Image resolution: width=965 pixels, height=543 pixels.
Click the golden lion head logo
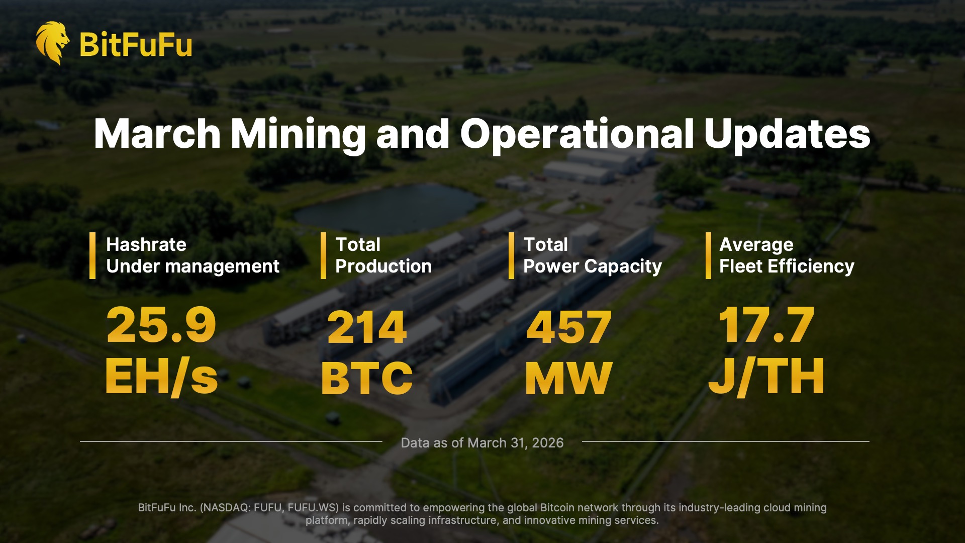[x=52, y=43]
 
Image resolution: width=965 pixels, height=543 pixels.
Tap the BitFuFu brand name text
[x=136, y=44]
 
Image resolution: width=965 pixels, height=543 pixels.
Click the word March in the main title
[x=157, y=134]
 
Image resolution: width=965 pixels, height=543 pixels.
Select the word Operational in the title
[x=576, y=135]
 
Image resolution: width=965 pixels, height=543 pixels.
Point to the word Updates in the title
[x=787, y=135]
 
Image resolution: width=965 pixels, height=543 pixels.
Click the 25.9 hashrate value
[x=161, y=326]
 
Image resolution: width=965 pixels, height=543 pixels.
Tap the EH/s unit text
[x=161, y=377]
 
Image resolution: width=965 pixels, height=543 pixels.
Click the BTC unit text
[x=367, y=378]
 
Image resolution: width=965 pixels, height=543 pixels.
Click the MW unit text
[x=568, y=378]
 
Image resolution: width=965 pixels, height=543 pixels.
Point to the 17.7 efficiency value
[x=766, y=326]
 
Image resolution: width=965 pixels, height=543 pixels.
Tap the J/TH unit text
[x=766, y=377]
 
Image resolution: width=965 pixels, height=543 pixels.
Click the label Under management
[x=192, y=266]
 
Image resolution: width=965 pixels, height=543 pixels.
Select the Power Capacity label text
[x=592, y=266]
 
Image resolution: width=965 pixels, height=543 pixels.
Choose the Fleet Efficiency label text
[x=787, y=266]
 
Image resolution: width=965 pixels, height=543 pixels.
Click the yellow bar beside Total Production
[x=323, y=255]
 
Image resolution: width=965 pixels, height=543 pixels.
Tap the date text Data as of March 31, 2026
[x=482, y=443]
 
